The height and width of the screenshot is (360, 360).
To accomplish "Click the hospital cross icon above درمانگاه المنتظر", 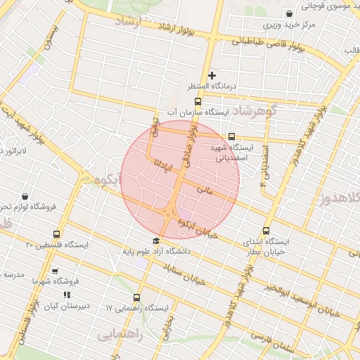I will pyautogui.click(x=212, y=75).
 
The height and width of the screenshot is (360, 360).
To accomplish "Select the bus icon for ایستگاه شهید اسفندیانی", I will pyautogui.click(x=232, y=137).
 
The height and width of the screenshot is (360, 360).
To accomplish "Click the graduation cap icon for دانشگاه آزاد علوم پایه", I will pyautogui.click(x=156, y=241).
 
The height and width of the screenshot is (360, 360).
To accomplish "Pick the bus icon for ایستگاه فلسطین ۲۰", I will pyautogui.click(x=57, y=234).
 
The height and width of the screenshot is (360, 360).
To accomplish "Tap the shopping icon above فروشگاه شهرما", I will pyautogui.click(x=56, y=271).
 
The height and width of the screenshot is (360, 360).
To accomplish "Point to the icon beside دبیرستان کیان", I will pyautogui.click(x=67, y=295).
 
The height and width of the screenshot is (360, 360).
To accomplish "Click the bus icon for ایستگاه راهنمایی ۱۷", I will pyautogui.click(x=136, y=297).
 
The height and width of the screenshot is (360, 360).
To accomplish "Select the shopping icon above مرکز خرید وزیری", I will pyautogui.click(x=290, y=13).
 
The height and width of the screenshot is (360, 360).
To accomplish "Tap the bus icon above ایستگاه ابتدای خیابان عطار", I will pyautogui.click(x=266, y=231).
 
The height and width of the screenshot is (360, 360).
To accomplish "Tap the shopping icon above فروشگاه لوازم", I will pyautogui.click(x=25, y=196).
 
